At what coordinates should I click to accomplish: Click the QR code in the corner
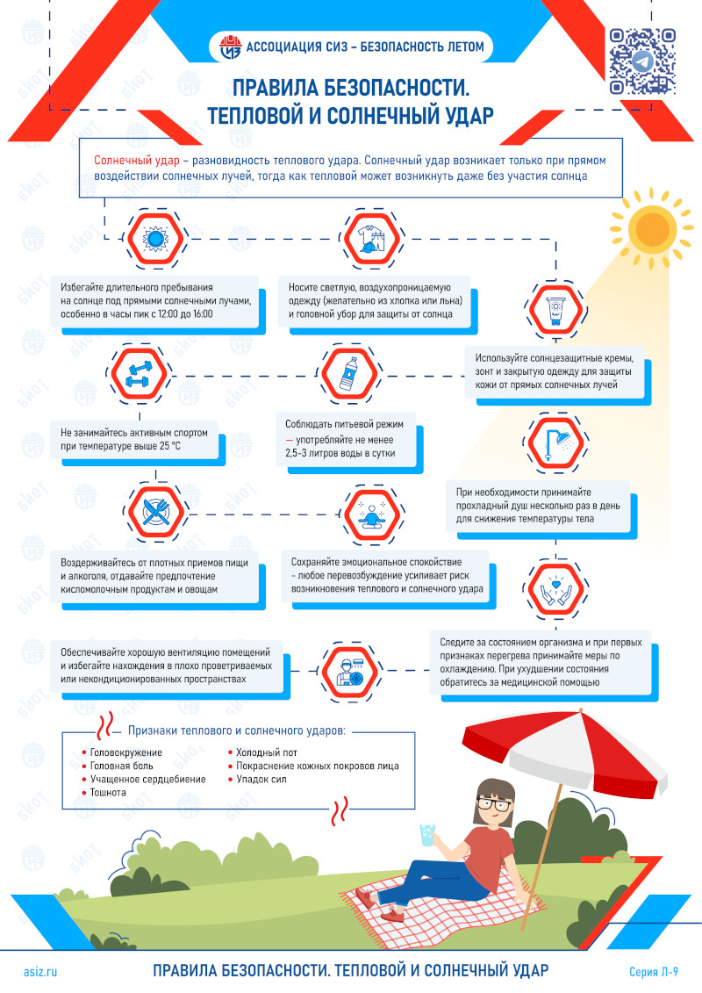pos(642,61)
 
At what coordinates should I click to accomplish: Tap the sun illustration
pos(651,227)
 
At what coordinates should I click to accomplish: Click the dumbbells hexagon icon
pos(139,374)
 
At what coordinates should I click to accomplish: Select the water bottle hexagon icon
pos(348,374)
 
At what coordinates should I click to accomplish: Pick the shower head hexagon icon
pos(555,443)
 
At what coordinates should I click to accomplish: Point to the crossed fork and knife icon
pos(155,512)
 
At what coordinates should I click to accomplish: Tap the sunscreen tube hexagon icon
pos(555,310)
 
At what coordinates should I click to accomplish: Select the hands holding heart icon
pos(555,590)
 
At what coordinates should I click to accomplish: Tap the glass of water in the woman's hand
pos(427,835)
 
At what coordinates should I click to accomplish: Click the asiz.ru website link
pos(40,971)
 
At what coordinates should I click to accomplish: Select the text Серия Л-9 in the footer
pos(653,971)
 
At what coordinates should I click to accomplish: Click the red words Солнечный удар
pos(137,160)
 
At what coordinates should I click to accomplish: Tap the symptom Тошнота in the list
pos(108,792)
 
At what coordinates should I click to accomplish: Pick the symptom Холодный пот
pos(267,752)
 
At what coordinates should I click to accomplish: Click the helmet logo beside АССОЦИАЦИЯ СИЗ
pos(230,47)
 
